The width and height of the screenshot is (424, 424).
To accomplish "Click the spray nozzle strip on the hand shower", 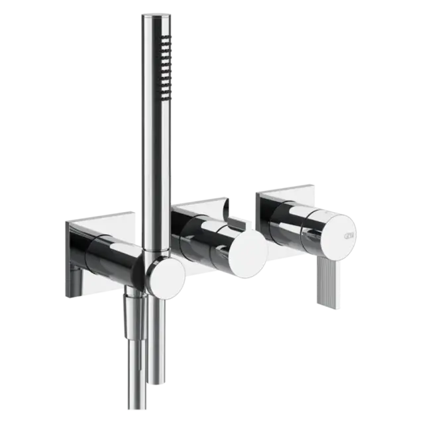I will point(164,66).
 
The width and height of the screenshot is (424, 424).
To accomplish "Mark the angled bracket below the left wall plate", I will point(75,285).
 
